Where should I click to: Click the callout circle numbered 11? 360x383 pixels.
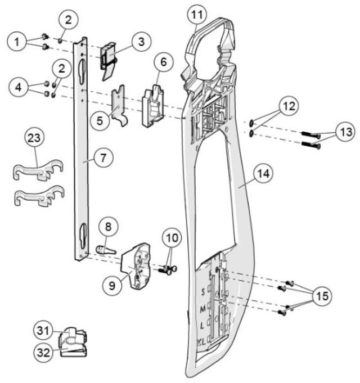197,14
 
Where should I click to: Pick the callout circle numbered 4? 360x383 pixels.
19,88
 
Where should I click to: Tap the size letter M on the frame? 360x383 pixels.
202,308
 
